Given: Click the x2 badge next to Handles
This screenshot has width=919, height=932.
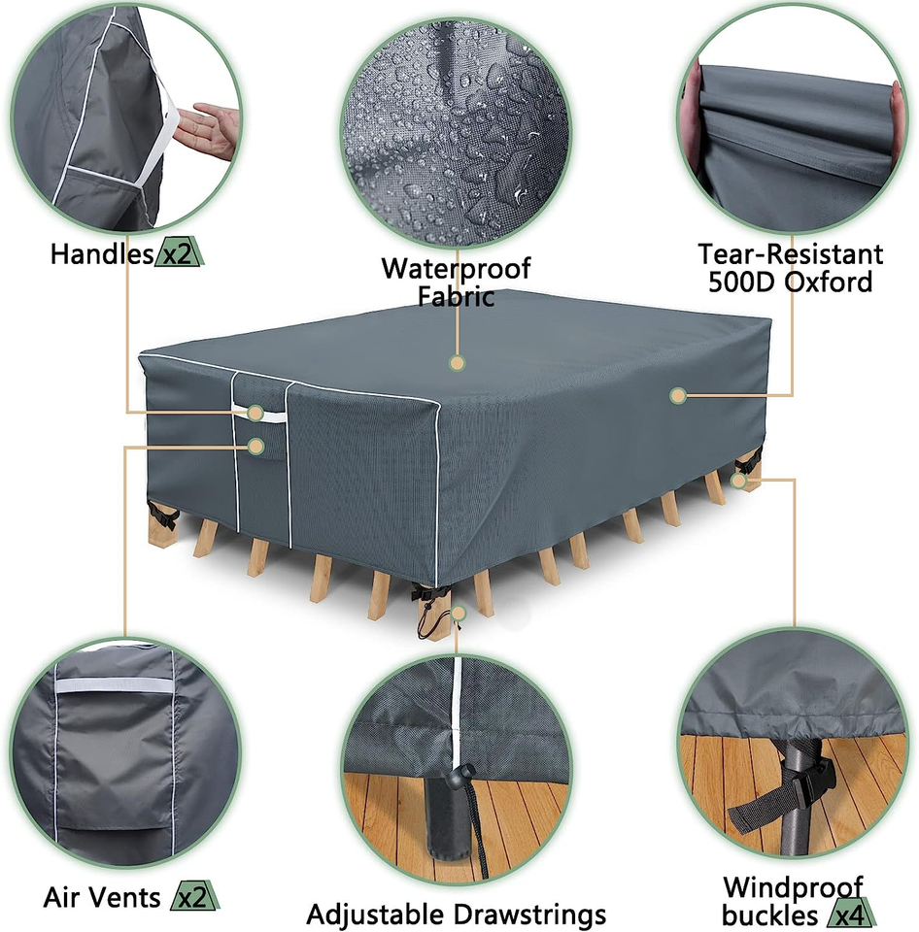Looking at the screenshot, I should (180, 254).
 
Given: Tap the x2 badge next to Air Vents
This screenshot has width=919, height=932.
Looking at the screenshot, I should (193, 898).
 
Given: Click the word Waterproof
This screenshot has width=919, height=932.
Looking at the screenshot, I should (456, 268).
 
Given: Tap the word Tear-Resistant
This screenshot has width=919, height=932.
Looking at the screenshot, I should (791, 254).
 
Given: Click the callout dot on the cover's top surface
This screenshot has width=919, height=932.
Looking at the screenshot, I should (457, 363).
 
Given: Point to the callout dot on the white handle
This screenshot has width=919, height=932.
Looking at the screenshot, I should (255, 413).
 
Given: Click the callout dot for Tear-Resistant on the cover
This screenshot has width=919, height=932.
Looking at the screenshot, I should (678, 395).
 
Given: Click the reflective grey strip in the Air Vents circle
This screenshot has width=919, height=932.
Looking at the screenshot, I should (113, 685).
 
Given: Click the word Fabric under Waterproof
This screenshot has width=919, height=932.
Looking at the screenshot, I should (456, 296).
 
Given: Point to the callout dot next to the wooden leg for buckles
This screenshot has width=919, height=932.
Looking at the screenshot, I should (739, 480).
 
